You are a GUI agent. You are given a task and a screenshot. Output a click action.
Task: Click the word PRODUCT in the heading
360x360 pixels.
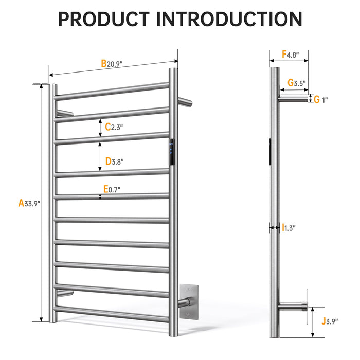click(104, 20)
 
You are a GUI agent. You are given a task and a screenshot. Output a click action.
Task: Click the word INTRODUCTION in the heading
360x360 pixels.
click(229, 20)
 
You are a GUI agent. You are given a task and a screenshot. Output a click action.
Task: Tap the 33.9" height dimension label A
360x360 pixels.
click(29, 203)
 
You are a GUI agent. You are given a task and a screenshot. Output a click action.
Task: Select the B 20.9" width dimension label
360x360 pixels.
click(112, 63)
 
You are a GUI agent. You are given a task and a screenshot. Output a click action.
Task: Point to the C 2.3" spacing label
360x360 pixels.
click(114, 127)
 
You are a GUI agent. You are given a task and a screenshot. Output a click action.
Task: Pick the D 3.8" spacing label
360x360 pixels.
click(114, 161)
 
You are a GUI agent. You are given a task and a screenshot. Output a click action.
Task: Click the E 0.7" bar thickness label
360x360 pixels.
click(112, 189)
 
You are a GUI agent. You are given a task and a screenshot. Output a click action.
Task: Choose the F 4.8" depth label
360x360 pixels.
click(291, 55)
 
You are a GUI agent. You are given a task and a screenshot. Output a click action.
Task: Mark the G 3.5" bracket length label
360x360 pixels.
click(297, 83)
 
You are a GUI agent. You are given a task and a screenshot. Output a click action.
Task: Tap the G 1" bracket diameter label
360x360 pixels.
click(320, 100)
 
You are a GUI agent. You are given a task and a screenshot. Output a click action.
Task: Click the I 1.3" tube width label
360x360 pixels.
click(289, 227)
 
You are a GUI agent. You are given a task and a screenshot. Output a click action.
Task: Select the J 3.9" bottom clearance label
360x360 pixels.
click(330, 321)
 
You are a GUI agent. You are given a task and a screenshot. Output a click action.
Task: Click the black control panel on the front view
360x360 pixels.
click(172, 152)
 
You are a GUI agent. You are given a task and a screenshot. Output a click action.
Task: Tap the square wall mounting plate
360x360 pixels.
click(189, 302)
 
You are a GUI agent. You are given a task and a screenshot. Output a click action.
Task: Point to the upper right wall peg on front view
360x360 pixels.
click(185, 102)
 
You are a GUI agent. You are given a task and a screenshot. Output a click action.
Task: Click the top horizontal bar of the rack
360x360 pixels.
click(112, 91)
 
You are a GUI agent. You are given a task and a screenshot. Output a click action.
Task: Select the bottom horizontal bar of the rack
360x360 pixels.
click(112, 314)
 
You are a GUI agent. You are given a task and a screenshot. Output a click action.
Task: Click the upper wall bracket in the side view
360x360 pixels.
click(293, 99)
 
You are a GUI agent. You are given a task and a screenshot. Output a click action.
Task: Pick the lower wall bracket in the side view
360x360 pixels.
click(293, 307)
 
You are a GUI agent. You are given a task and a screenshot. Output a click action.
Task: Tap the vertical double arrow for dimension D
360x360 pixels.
click(100, 156)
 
